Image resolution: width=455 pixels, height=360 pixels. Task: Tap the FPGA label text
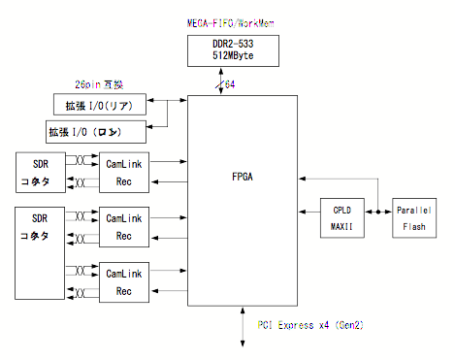(242, 178)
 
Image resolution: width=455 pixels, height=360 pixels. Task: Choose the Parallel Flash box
(416, 218)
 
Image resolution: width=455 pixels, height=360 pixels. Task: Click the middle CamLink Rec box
(123, 226)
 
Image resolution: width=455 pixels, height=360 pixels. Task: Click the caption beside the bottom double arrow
(309, 324)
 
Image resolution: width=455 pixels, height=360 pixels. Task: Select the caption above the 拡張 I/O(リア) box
(96, 84)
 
